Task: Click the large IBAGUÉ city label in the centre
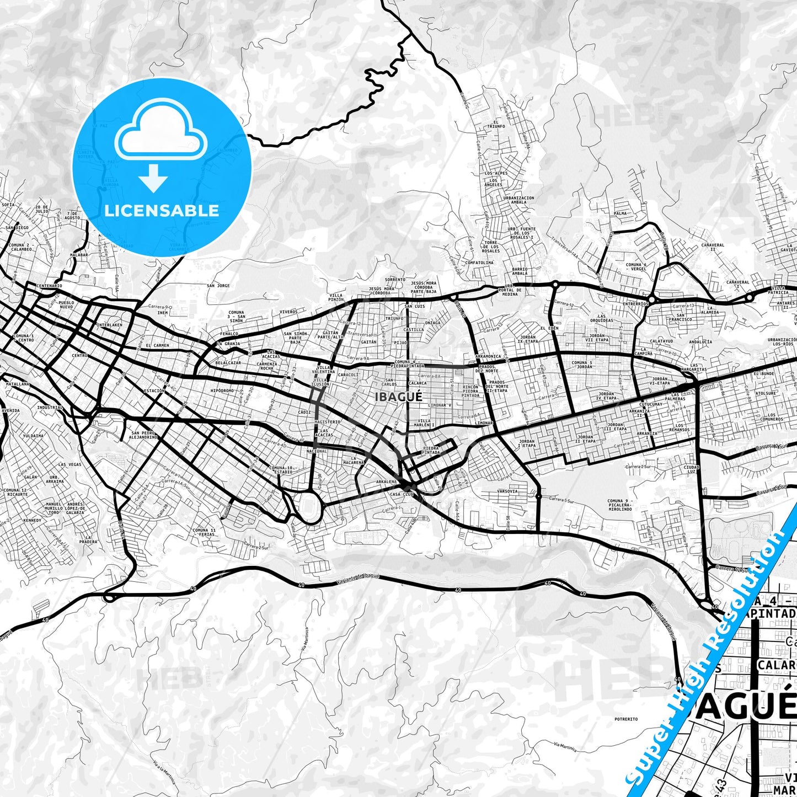pyautogui.click(x=398, y=397)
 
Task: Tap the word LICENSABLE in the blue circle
pyautogui.click(x=162, y=211)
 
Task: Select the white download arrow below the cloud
pyautogui.click(x=153, y=178)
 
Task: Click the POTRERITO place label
pyautogui.click(x=626, y=719)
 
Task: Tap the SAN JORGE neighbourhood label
pyautogui.click(x=218, y=286)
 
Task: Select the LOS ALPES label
pyautogui.click(x=496, y=173)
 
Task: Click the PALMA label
pyautogui.click(x=620, y=213)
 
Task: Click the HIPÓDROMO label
pyautogui.click(x=222, y=391)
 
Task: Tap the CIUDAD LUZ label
pyautogui.click(x=691, y=470)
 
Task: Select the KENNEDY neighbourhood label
pyautogui.click(x=33, y=521)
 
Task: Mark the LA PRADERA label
pyautogui.click(x=88, y=539)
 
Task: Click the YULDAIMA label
pyautogui.click(x=33, y=436)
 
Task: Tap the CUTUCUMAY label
pyautogui.click(x=650, y=404)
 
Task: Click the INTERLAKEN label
pyautogui.click(x=109, y=325)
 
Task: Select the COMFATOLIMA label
pyautogui.click(x=479, y=263)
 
